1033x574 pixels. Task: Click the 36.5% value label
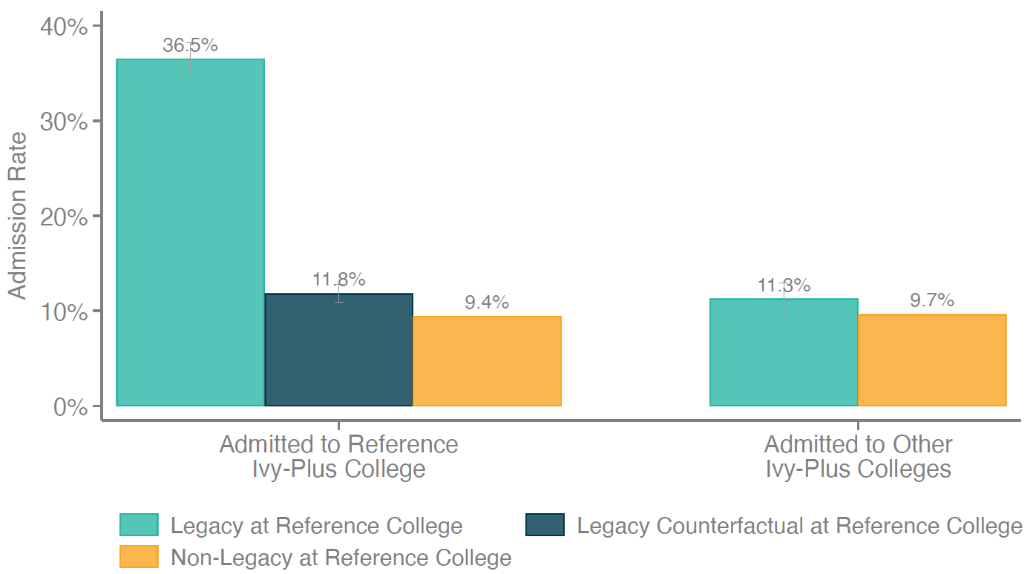(x=190, y=45)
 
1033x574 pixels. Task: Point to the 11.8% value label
(x=338, y=280)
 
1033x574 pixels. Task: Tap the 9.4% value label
(x=487, y=303)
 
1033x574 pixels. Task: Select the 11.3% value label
(x=784, y=286)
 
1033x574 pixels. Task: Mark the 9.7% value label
(x=932, y=300)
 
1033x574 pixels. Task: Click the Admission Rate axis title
(x=17, y=216)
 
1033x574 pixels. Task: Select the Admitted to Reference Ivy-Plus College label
(x=338, y=456)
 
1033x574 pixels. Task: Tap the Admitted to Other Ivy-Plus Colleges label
(x=858, y=456)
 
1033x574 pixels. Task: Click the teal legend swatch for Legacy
(x=139, y=525)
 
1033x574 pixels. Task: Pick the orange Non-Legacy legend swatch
(x=139, y=557)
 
